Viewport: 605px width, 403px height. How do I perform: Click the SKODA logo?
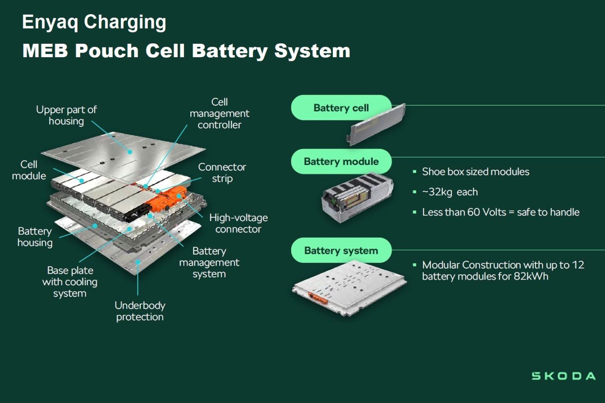(563, 376)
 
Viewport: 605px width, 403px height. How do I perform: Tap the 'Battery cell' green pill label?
(341, 108)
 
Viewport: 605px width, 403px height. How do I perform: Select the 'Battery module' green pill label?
(341, 161)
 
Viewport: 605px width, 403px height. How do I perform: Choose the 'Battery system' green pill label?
(341, 250)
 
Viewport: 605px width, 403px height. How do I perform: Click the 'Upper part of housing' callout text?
(66, 115)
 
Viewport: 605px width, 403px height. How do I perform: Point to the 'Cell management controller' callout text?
(219, 113)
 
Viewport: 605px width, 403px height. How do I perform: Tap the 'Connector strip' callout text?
(222, 172)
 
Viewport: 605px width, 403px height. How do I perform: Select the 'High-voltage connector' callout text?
(238, 223)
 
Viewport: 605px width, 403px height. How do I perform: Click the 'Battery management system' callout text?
(209, 262)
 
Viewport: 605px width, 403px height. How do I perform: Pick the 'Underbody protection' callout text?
(140, 311)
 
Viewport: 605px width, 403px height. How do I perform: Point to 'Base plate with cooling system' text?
(70, 282)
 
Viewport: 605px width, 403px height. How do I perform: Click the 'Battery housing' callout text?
(35, 237)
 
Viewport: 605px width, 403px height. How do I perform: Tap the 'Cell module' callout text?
(29, 170)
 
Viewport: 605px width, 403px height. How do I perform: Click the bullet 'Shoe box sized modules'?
(475, 172)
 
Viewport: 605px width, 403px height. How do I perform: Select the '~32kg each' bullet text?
(450, 192)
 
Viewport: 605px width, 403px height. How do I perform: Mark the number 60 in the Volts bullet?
(473, 212)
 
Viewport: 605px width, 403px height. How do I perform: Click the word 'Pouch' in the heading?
(107, 51)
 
